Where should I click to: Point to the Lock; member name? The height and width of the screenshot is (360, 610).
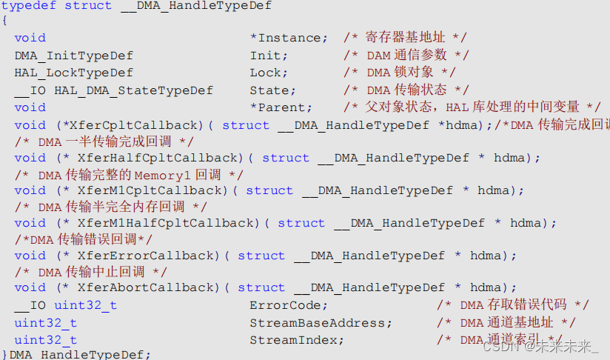click(266, 73)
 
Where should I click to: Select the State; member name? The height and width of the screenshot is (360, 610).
click(273, 90)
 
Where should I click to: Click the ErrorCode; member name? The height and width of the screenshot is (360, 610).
click(289, 305)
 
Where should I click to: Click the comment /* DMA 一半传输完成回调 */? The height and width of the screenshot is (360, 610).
click(104, 141)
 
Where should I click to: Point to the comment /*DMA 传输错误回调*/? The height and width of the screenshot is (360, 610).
click(83, 239)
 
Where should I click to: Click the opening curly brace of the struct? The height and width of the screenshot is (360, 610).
click(4, 21)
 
